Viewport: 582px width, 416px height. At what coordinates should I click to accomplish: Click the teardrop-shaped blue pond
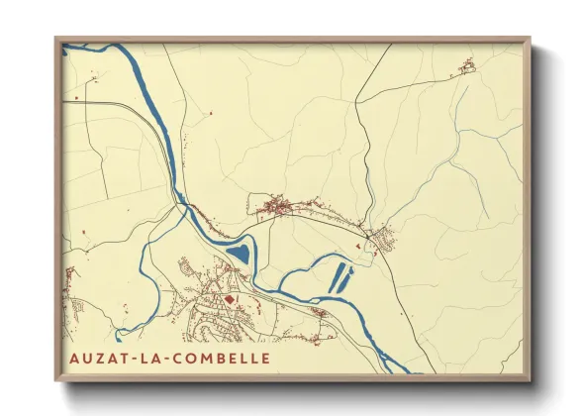coord(240,256)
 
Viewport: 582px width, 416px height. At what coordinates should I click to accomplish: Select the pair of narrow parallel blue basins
coord(340,277)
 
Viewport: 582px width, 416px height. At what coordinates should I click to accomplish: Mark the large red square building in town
coord(231,297)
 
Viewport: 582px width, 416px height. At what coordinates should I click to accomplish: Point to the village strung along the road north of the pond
coord(282,207)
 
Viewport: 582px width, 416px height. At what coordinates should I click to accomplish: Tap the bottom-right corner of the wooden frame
coord(530,380)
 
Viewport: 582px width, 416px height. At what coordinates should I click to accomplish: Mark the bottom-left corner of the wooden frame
coord(56,380)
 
